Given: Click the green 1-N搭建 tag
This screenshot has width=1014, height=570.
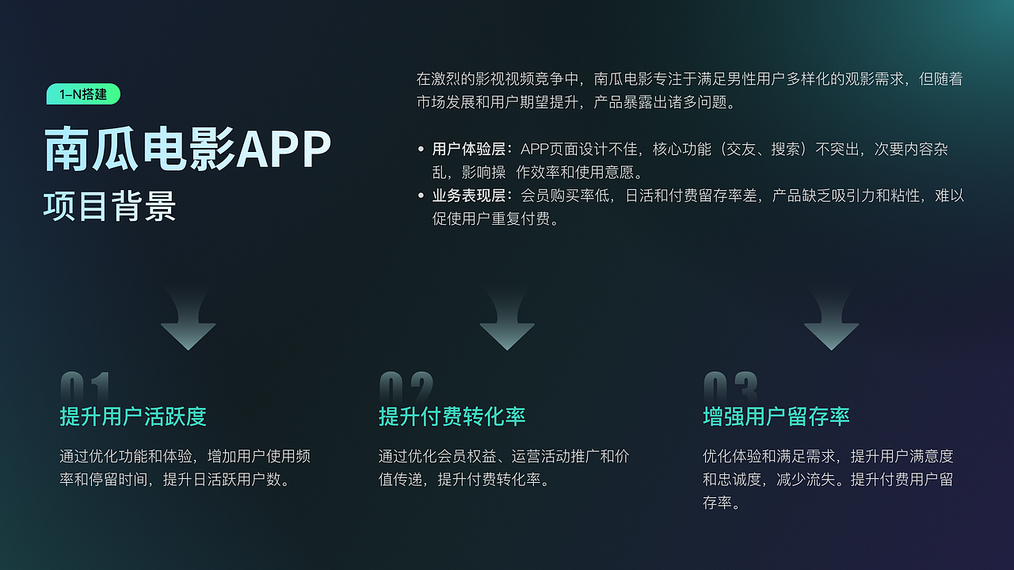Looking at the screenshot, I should click(x=83, y=94).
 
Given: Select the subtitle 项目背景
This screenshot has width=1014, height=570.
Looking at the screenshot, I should click(x=109, y=206).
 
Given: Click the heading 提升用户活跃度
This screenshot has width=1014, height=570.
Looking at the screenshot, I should click(x=133, y=416).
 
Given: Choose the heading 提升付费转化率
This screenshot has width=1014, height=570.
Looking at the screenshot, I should click(x=452, y=416).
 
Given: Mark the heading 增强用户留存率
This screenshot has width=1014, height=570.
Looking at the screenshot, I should click(x=776, y=416).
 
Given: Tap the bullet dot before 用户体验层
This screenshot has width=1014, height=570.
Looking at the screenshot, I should click(x=421, y=150).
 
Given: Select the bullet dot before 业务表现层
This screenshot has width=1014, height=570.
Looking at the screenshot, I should click(x=421, y=196).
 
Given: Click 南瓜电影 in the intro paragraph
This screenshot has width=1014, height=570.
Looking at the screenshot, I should click(x=623, y=79).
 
